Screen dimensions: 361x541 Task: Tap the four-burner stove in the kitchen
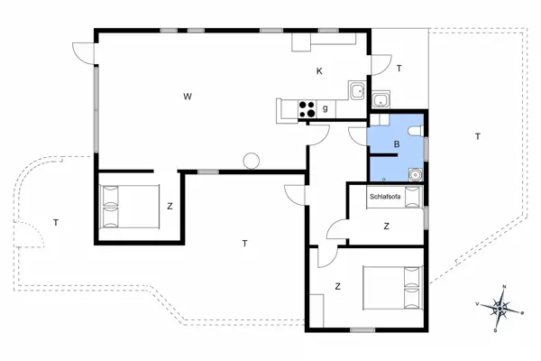click(x=307, y=109)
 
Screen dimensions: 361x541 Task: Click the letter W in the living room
click(x=188, y=96)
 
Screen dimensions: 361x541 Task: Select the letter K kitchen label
click(x=318, y=71)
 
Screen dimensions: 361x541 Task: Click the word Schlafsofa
click(x=386, y=196)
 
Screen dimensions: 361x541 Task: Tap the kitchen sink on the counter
click(x=357, y=89)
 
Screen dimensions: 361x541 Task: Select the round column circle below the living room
click(x=251, y=161)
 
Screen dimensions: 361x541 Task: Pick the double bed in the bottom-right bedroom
click(x=393, y=287)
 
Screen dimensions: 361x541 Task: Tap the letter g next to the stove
click(x=325, y=109)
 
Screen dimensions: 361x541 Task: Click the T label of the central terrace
click(x=244, y=243)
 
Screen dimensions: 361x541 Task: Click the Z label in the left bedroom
click(x=170, y=206)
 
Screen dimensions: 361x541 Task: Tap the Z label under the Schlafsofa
click(x=386, y=226)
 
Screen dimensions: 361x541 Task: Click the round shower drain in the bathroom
click(x=415, y=175)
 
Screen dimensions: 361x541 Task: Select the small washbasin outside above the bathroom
click(x=381, y=100)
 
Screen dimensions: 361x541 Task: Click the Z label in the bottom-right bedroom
click(x=337, y=287)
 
